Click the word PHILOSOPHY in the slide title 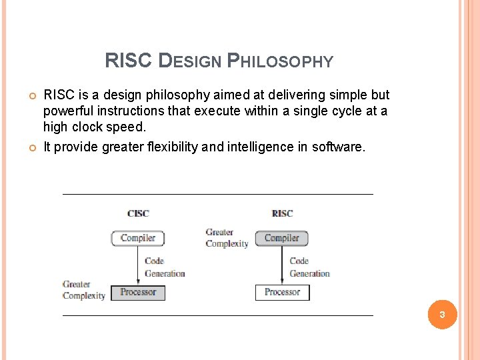pyautogui.click(x=280, y=61)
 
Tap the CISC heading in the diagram pyautogui.click(x=138, y=213)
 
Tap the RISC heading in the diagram pyautogui.click(x=282, y=213)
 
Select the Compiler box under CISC pyautogui.click(x=138, y=238)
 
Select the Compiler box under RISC pyautogui.click(x=282, y=238)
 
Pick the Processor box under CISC pyautogui.click(x=138, y=292)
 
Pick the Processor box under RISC pyautogui.click(x=282, y=292)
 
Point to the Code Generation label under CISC pyautogui.click(x=164, y=267)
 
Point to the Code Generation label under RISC pyautogui.click(x=309, y=267)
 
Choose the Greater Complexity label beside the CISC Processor pyautogui.click(x=84, y=290)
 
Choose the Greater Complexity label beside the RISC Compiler pyautogui.click(x=227, y=238)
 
